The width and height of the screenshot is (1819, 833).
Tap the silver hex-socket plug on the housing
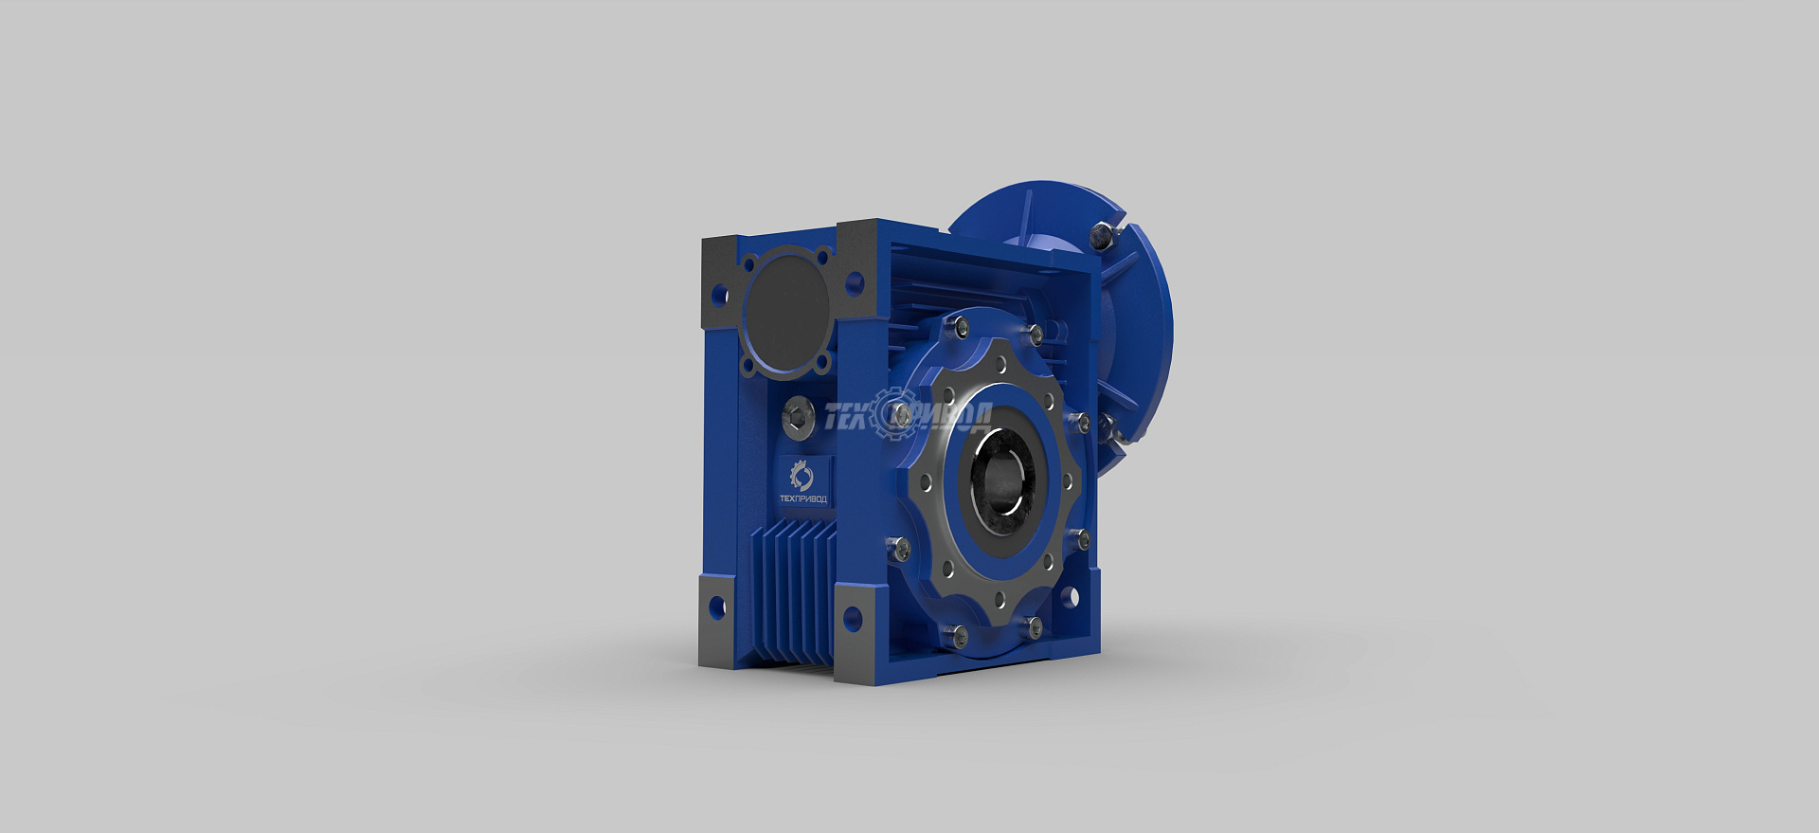799,417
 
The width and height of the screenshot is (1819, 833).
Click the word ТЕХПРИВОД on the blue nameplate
802,498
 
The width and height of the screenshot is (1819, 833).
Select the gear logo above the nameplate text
801,475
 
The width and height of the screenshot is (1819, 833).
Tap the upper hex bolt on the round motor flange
1102,235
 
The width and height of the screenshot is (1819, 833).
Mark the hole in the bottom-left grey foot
716,607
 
